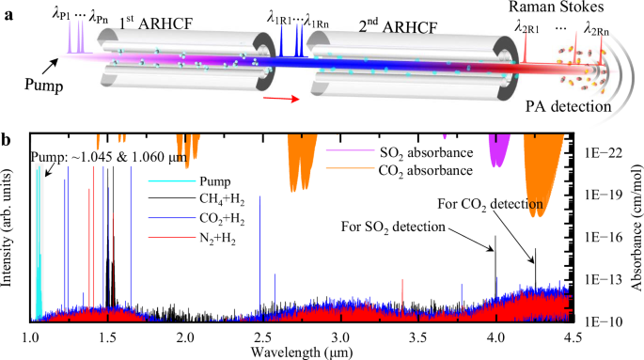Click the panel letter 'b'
(9, 140)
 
